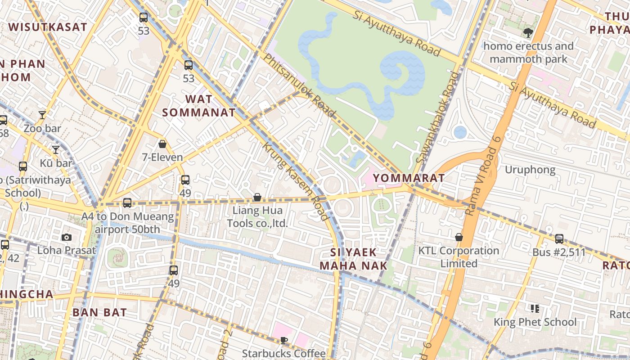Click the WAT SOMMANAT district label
pyautogui.click(x=198, y=105)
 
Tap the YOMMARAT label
pyautogui.click(x=409, y=178)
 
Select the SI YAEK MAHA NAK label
pyautogui.click(x=353, y=259)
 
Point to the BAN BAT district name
pyautogui.click(x=99, y=312)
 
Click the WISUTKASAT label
pyautogui.click(x=48, y=27)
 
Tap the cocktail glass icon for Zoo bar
pyautogui.click(x=42, y=115)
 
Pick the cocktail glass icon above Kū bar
pyautogui.click(x=56, y=149)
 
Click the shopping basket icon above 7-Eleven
pyautogui.click(x=162, y=144)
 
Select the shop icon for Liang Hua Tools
pyautogui.click(x=257, y=197)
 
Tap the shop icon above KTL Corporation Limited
pyautogui.click(x=459, y=237)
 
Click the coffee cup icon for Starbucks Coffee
pyautogui.click(x=283, y=340)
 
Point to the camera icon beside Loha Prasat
pyautogui.click(x=67, y=237)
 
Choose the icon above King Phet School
pyautogui.click(x=535, y=309)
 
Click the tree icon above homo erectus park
pyautogui.click(x=528, y=32)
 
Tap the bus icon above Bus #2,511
pyautogui.click(x=559, y=238)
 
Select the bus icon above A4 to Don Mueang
pyautogui.click(x=127, y=203)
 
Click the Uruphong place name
pyautogui.click(x=530, y=170)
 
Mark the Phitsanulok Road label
pyautogui.click(x=299, y=85)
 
